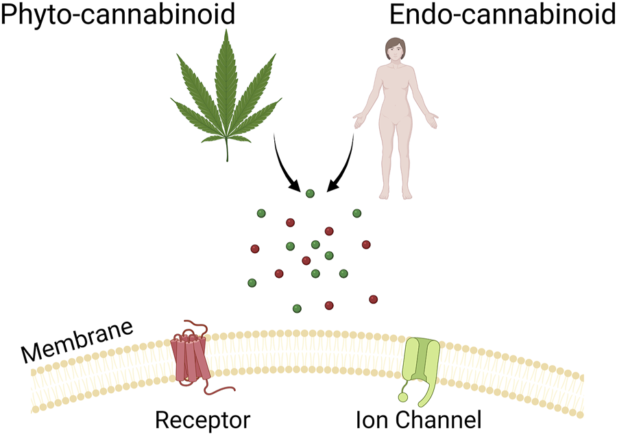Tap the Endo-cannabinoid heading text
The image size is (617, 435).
[500, 14]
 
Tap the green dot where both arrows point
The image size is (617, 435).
[310, 194]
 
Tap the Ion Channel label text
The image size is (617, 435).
[419, 418]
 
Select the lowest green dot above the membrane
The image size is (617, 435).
[297, 309]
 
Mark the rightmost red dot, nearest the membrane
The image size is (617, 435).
[373, 299]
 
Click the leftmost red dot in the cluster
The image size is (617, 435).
[255, 248]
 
